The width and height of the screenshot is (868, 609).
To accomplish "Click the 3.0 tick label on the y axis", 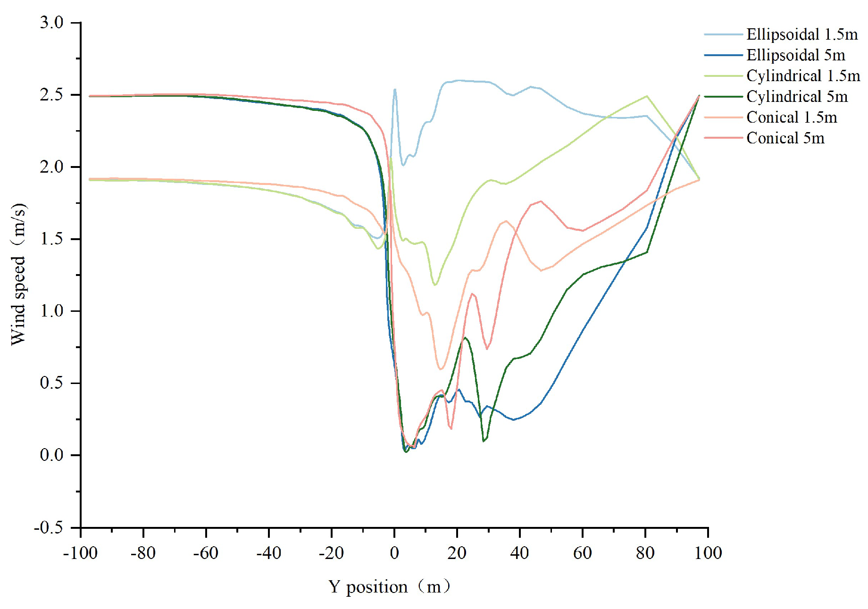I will (51, 23).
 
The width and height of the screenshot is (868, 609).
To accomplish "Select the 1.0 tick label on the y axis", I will (51, 311).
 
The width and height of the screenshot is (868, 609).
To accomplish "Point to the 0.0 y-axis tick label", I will (51, 455).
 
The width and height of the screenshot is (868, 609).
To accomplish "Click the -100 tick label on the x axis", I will (80, 553).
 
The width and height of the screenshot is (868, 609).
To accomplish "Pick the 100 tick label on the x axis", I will (708, 553).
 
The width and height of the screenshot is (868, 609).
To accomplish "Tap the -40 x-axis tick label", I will (268, 553).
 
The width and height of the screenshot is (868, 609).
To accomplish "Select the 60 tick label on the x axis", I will (582, 553).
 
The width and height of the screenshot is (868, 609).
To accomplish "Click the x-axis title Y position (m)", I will (390, 587).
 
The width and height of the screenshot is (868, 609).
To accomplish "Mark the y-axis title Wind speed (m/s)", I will (19, 274).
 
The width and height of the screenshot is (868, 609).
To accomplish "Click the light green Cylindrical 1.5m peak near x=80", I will (647, 96).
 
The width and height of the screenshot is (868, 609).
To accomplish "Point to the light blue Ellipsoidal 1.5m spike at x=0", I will (395, 89).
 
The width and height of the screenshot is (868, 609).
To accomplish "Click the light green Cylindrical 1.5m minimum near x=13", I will (435, 285).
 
